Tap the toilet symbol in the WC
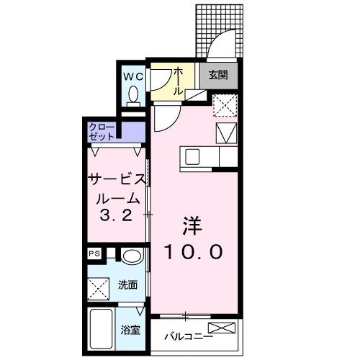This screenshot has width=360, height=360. coord(133,96)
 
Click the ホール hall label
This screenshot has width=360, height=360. coord(179,81)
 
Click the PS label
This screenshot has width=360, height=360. coord(94,253)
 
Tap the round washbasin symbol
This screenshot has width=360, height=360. coord(130,256)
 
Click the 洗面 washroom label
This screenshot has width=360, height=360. coord(127,284)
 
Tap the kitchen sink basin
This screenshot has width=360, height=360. coord(193,156)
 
